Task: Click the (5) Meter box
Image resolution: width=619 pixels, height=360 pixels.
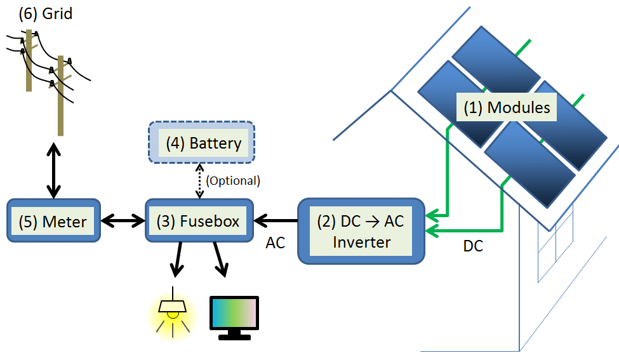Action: [53, 221]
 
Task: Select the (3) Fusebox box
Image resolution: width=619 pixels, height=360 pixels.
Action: [199, 221]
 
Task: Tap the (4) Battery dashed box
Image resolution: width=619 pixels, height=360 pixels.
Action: [202, 143]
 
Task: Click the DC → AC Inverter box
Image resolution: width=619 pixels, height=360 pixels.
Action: [361, 231]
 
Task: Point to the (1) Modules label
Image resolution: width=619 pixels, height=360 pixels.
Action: [506, 107]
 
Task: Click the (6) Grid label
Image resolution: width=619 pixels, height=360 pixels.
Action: [45, 13]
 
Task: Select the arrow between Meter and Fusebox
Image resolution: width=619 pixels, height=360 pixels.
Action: [123, 221]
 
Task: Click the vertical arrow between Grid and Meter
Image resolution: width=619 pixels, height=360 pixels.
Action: [53, 170]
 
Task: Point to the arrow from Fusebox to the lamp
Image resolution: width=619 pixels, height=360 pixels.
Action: [177, 260]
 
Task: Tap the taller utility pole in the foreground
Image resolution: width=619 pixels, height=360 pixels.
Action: [60, 95]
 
